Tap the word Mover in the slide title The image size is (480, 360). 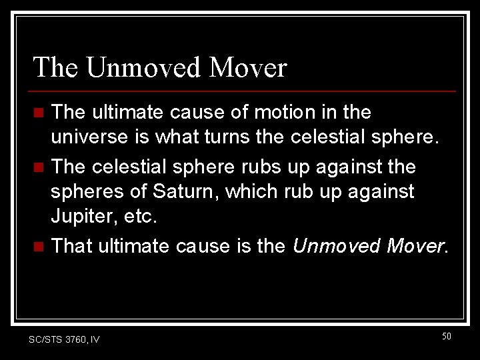coord(249,67)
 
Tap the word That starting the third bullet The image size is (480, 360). coord(72,246)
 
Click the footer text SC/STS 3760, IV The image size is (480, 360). coord(64,339)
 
